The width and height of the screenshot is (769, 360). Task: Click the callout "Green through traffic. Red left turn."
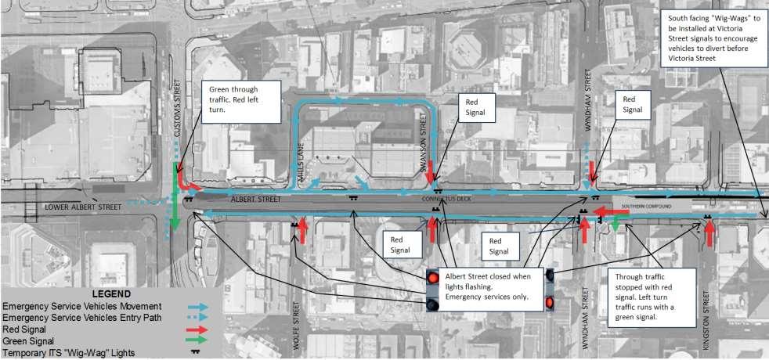pyautogui.click(x=240, y=100)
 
